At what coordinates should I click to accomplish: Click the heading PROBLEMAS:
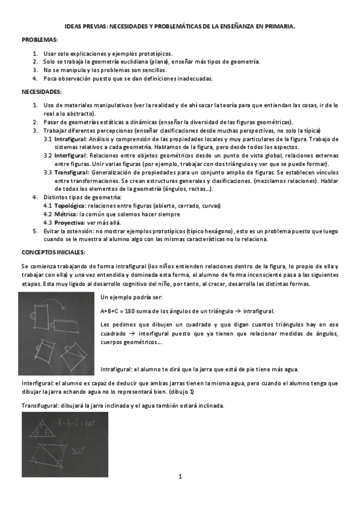(x=40, y=39)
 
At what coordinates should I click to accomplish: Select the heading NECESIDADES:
(x=41, y=92)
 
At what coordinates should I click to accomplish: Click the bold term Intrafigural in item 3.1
(x=70, y=139)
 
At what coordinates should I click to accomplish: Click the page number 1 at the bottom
(x=180, y=477)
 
